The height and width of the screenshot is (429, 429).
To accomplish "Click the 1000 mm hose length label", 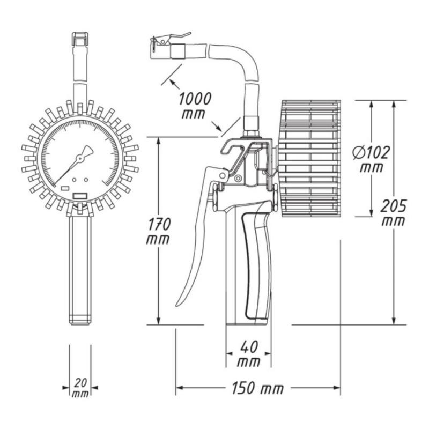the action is [x=195, y=105].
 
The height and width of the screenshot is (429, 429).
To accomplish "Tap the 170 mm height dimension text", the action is [x=158, y=231].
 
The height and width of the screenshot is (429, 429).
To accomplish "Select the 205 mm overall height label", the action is [x=394, y=213].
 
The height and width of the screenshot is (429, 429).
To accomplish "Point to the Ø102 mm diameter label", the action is [x=371, y=159].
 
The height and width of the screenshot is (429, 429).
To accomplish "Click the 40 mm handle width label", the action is [x=249, y=354].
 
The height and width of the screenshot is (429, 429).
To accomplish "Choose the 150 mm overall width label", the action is [x=258, y=388].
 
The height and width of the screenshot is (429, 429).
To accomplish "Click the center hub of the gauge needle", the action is [x=79, y=158].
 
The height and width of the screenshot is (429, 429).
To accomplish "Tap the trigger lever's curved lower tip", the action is [x=178, y=304].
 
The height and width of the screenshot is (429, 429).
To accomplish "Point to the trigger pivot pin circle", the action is [x=223, y=175].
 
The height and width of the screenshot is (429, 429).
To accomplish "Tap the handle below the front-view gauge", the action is [x=80, y=270].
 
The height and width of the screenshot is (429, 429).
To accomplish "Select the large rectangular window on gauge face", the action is [x=80, y=196].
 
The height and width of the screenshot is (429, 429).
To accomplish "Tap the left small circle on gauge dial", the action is [x=74, y=180].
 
